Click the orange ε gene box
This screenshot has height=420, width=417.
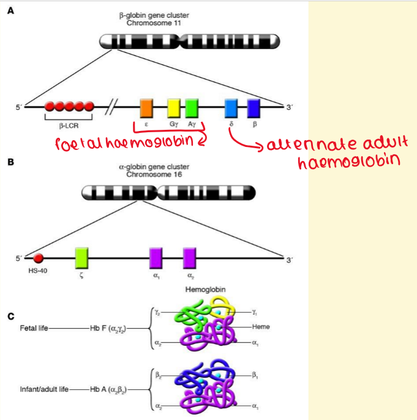pos(146,107)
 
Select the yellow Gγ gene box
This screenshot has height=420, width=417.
pos(174,107)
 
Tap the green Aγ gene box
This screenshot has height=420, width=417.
pos(192,107)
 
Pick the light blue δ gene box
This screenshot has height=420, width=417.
pos(231,107)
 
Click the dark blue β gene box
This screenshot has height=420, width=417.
pos(254,107)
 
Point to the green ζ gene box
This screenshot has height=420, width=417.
pos(81,258)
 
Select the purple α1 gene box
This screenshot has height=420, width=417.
pos(156,258)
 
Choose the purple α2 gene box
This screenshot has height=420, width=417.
pos(190,258)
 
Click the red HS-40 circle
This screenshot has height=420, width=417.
pos(38,258)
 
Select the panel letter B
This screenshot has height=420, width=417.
pos(10,163)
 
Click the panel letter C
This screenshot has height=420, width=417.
pos(10,317)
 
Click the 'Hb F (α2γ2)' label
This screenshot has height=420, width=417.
pos(109,328)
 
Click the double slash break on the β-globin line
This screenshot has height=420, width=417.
pos(111,107)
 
